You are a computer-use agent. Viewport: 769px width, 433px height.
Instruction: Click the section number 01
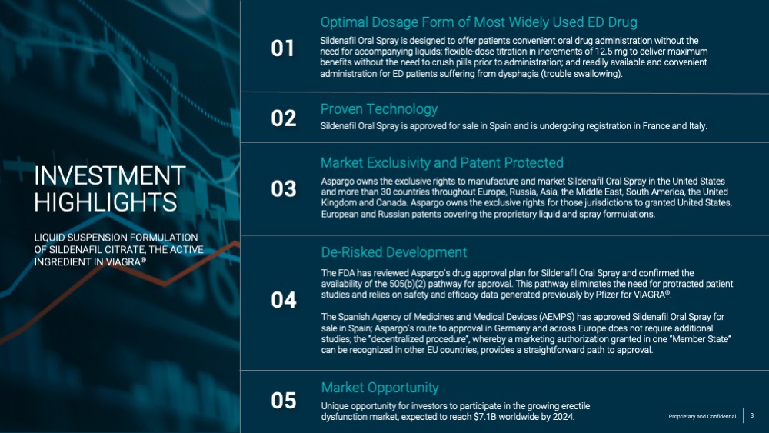(282, 48)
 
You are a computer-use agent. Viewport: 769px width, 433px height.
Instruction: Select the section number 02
(284, 118)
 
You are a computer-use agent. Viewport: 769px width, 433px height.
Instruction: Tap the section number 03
(284, 188)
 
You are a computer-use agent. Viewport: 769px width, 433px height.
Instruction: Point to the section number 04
(284, 300)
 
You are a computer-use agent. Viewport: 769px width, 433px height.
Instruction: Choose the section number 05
(284, 401)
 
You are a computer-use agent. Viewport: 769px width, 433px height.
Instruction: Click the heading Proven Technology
(378, 109)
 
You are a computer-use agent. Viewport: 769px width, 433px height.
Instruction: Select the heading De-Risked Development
(394, 252)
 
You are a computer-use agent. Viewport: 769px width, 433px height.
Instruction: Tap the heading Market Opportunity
(380, 388)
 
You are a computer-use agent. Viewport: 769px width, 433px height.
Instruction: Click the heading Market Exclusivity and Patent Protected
(442, 163)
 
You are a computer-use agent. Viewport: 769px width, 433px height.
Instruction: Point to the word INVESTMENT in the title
(110, 175)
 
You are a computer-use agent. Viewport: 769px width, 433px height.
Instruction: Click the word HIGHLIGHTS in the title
(105, 202)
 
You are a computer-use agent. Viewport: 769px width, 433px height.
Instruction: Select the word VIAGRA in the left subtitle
(126, 261)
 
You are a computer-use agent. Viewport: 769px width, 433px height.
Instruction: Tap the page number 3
(752, 416)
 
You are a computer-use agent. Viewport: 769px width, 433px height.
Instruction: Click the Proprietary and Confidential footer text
(702, 416)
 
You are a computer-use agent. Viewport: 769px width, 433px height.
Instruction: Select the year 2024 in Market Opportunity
(564, 417)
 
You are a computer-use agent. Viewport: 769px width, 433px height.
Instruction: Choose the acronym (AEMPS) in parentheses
(557, 317)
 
